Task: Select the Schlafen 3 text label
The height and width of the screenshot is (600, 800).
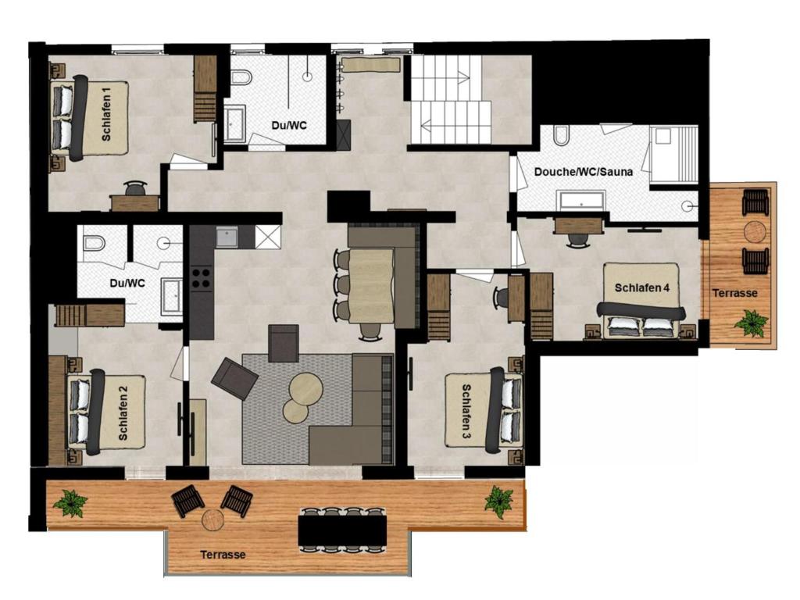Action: (x=466, y=412)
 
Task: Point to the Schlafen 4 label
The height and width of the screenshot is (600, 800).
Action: (x=642, y=287)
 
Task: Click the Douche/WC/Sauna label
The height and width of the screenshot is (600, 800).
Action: (x=583, y=171)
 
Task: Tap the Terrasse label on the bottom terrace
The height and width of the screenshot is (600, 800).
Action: (x=223, y=555)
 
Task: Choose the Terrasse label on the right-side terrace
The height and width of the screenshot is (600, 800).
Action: (x=734, y=294)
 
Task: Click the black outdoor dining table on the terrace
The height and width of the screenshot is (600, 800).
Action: (x=342, y=530)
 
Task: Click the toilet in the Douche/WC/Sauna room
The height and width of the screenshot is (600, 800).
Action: (x=559, y=135)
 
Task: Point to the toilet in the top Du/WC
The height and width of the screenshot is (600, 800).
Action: (x=241, y=77)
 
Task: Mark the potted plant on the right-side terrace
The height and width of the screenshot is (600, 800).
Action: (x=751, y=323)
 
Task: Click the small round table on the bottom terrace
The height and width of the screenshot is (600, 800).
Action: (x=212, y=520)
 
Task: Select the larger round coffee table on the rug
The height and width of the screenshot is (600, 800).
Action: (x=305, y=389)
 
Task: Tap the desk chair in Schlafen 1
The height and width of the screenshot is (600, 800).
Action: (x=135, y=188)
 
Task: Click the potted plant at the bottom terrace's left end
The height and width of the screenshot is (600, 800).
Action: (x=70, y=503)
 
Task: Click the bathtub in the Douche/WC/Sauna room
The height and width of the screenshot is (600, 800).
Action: (x=581, y=200)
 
